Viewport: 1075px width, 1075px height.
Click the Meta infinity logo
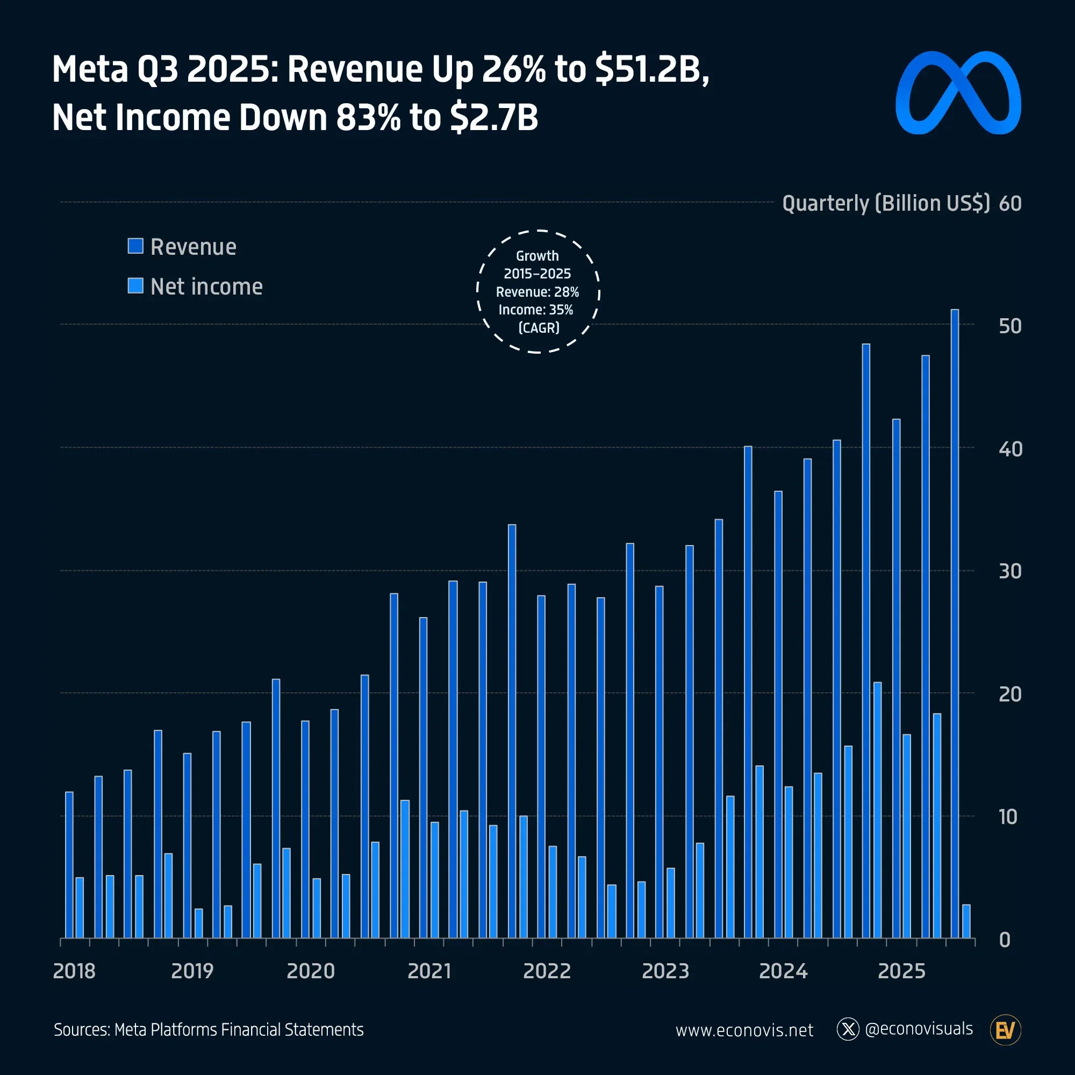tap(958, 93)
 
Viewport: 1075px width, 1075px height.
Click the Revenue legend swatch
tap(135, 246)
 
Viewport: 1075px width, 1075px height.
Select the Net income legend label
tap(206, 286)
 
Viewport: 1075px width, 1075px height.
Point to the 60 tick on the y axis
tap(1009, 204)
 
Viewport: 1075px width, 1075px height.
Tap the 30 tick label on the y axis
tap(1009, 571)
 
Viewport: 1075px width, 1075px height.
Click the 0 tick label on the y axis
tap(1005, 940)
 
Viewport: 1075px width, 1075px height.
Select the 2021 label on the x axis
tap(429, 971)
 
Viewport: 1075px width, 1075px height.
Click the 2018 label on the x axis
tap(74, 971)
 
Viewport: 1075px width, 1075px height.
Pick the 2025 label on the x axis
tap(901, 971)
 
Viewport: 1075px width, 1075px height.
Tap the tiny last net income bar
tap(966, 921)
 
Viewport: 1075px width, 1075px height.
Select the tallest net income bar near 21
tap(878, 809)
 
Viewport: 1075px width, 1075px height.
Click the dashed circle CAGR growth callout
tap(538, 291)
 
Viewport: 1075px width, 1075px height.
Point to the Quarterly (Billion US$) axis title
tap(886, 204)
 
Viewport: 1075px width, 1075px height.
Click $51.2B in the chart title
tap(651, 69)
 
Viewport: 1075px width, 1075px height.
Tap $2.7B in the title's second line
tap(493, 117)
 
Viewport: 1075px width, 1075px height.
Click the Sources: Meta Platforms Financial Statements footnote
tap(209, 1029)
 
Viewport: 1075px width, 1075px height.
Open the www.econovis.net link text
tap(744, 1030)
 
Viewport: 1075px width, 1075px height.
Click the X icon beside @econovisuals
tap(848, 1029)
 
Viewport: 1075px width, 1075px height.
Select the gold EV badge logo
tap(1005, 1030)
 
